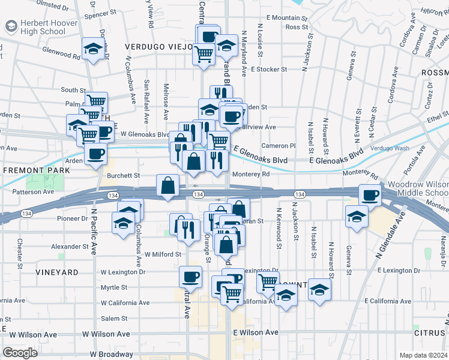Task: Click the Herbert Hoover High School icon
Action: [x=11, y=26]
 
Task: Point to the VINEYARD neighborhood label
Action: [x=57, y=272]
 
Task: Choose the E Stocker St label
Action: [x=269, y=69]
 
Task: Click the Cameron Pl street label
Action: [x=279, y=145]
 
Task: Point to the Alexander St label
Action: [x=70, y=246]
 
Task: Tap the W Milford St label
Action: [x=162, y=254]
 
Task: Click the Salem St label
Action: [x=115, y=319]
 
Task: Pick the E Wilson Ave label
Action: [x=256, y=332]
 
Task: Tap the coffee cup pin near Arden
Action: [x=95, y=155]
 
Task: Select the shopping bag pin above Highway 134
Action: [x=168, y=186]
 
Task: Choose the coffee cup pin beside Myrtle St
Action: [x=190, y=277]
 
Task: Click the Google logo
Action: [x=20, y=353]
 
